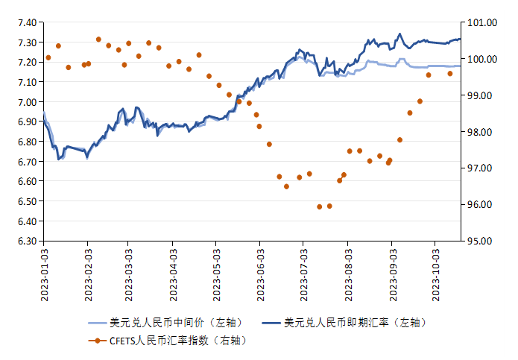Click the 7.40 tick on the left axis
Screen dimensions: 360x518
pyautogui.click(x=26, y=22)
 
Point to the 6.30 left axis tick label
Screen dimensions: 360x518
pyautogui.click(x=26, y=241)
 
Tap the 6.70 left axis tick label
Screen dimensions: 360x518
pyautogui.click(x=26, y=161)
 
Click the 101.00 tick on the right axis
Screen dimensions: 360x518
pyautogui.click(x=479, y=22)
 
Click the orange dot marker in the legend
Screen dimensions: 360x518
pyautogui.click(x=96, y=341)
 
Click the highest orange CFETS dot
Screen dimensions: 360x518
pyautogui.click(x=98, y=39)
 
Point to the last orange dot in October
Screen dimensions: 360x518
pyautogui.click(x=450, y=73)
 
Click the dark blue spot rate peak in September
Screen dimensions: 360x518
pyautogui.click(x=400, y=34)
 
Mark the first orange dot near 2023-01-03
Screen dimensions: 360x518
pyautogui.click(x=48, y=57)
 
